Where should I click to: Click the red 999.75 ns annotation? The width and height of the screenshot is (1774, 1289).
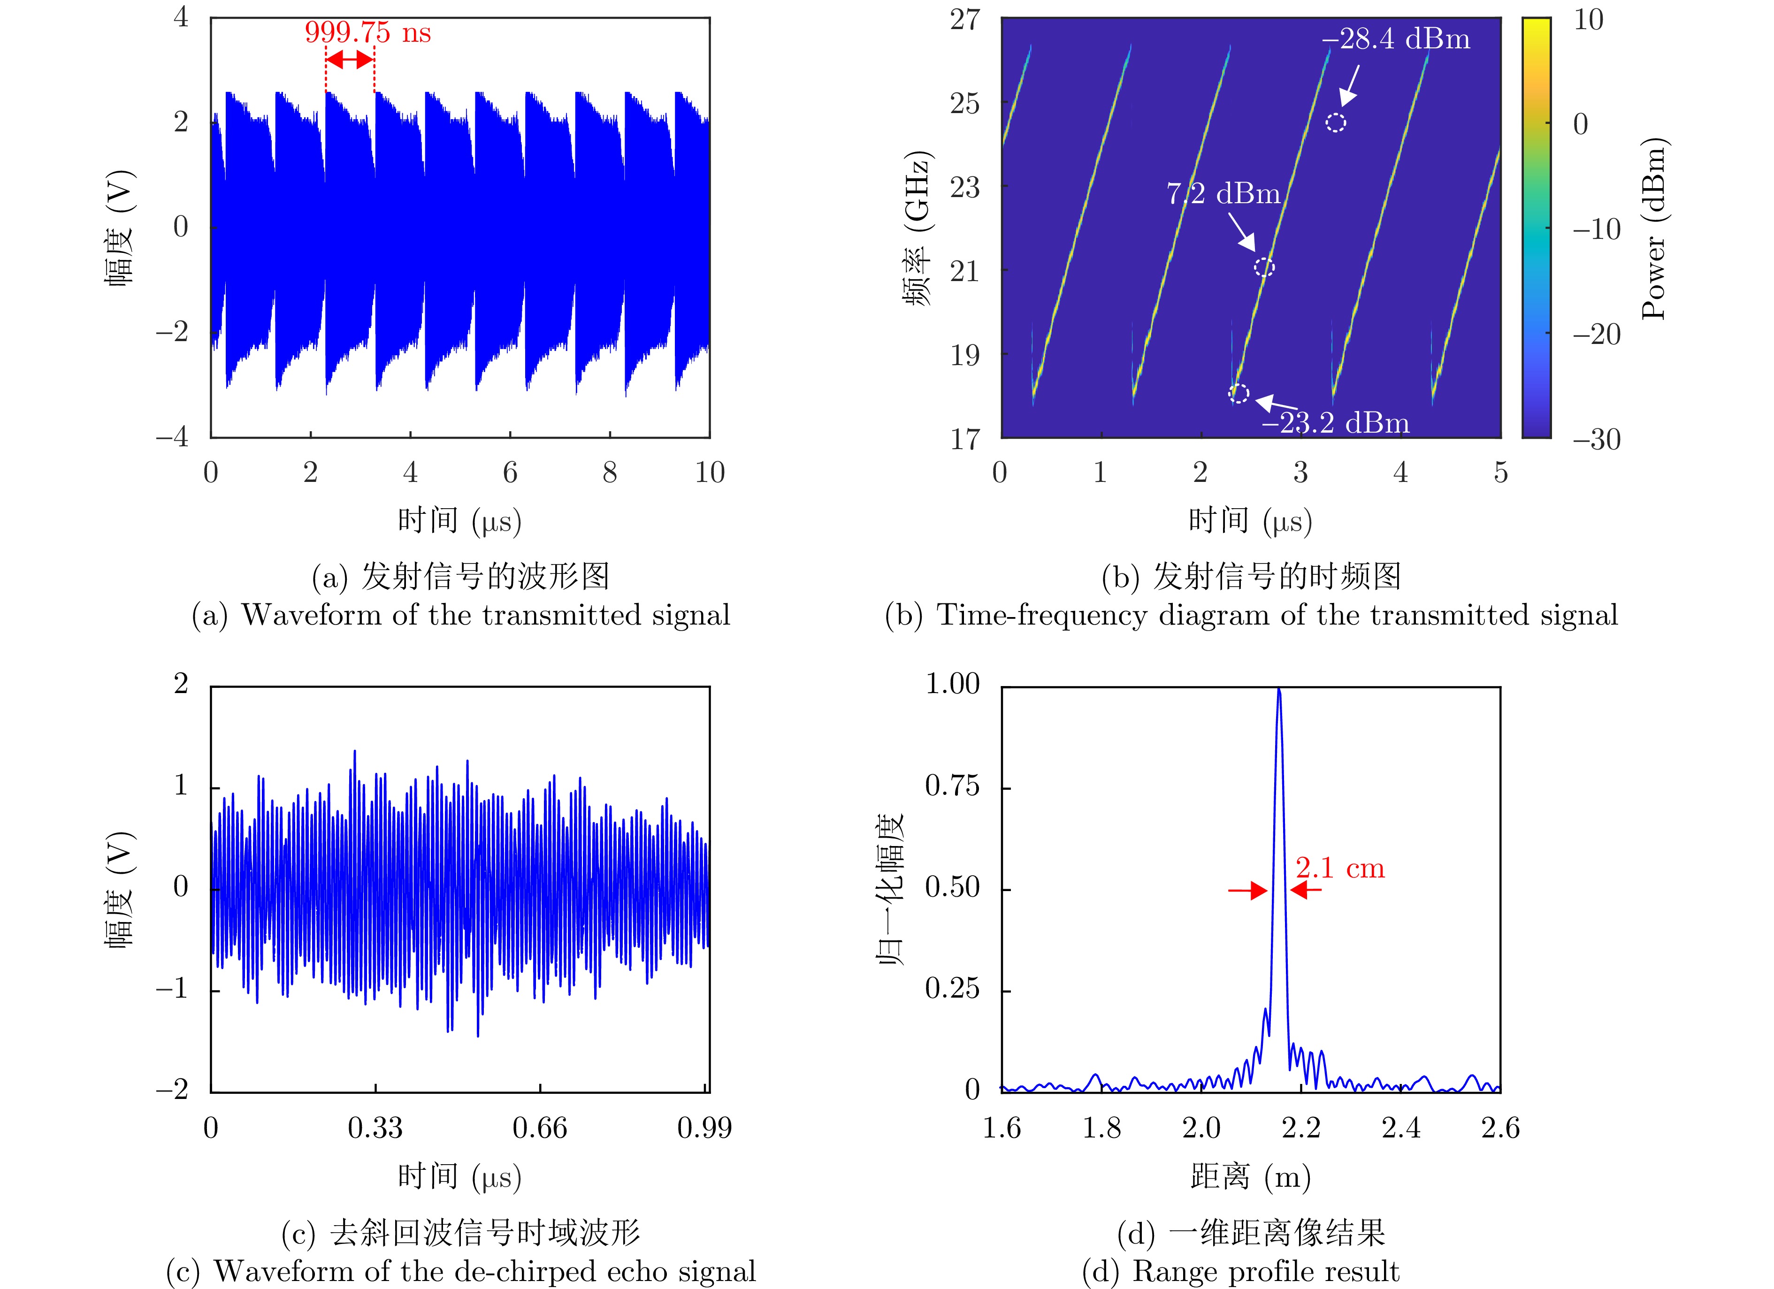coord(367,33)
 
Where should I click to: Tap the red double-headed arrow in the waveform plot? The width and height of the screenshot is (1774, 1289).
coord(350,60)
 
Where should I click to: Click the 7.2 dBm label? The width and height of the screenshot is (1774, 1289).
coord(1223,193)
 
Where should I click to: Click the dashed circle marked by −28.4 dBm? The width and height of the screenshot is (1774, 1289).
coord(1336,122)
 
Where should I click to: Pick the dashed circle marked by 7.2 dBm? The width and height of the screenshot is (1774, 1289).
coord(1264,267)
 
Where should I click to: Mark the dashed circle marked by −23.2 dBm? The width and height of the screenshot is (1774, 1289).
coord(1239,393)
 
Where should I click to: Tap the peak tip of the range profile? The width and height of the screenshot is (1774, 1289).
coord(1279,690)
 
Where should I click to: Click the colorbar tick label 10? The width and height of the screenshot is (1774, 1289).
coord(1589,20)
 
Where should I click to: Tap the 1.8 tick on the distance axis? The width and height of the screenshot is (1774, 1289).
coord(1101,1128)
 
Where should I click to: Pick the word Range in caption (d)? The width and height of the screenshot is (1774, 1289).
coord(1172,1272)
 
